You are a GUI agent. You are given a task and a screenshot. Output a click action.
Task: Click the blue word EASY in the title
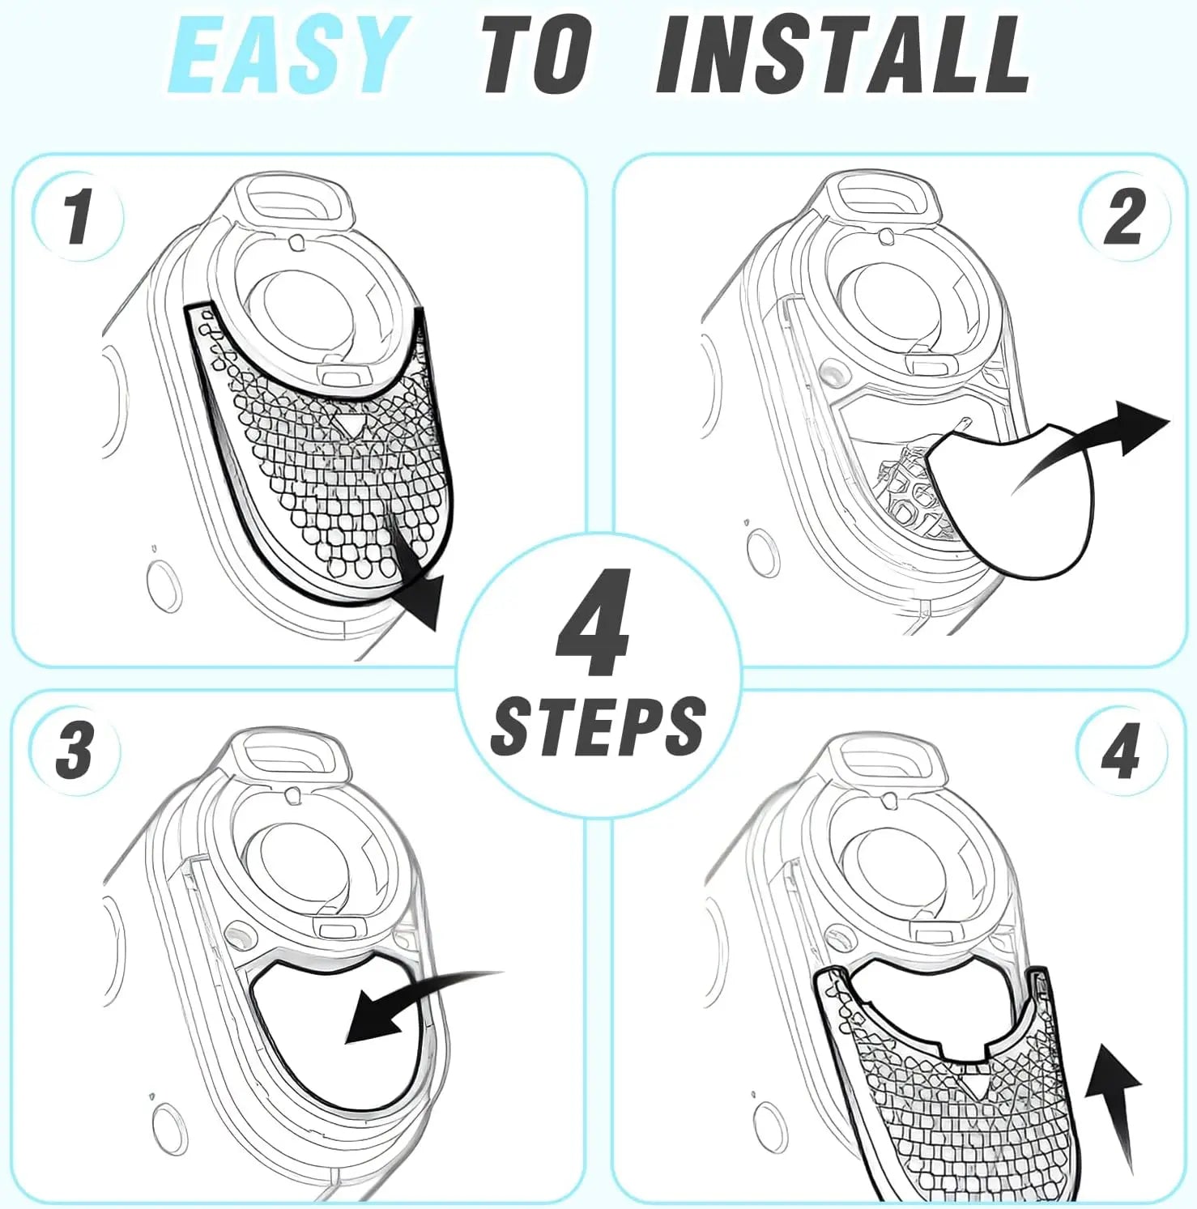286,56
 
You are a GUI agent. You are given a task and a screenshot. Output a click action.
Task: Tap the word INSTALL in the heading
842,56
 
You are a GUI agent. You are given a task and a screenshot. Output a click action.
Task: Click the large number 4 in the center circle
595,623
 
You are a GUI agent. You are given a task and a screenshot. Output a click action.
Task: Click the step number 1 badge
78,216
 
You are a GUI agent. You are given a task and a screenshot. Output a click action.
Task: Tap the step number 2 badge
1124,216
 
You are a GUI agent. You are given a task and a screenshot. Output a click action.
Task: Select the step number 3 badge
75,750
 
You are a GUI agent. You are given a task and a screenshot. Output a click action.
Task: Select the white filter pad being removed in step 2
1012,502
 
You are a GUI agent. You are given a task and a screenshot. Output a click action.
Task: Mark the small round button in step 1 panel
163,587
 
